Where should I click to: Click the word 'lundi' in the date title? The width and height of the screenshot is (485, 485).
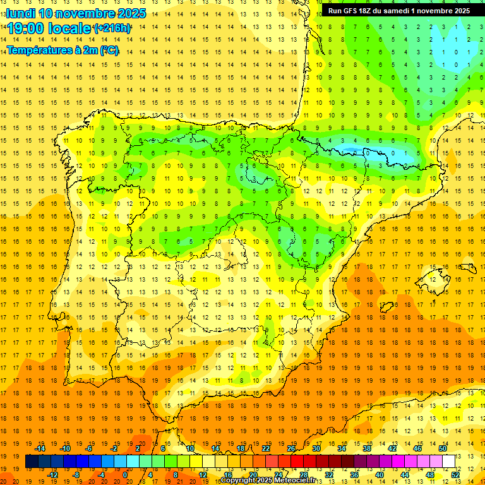pyautogui.click(x=20, y=13)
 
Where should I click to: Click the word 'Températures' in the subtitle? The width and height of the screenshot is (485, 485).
pyautogui.click(x=39, y=50)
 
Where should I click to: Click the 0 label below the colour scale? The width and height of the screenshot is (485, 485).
pyautogui.click(x=125, y=474)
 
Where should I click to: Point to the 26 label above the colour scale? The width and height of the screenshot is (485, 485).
pyautogui.click(x=291, y=448)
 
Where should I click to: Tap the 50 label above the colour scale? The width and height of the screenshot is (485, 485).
pyautogui.click(x=442, y=448)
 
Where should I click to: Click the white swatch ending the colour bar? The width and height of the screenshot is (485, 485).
pyautogui.click(x=448, y=461)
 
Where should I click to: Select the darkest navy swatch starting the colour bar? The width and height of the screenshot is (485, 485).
pyautogui.click(x=32, y=461)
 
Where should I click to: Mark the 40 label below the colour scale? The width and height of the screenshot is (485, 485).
pyautogui.click(x=379, y=474)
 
